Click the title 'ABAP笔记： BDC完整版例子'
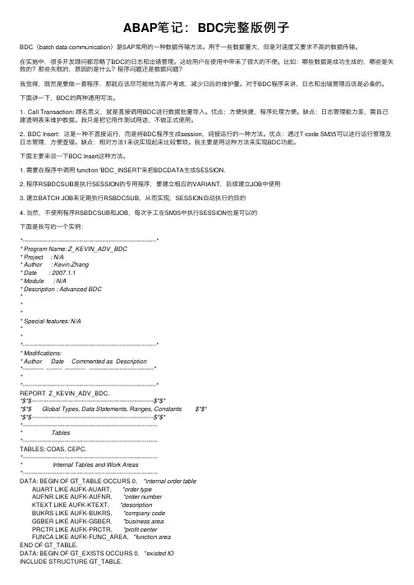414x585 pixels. click(x=206, y=21)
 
